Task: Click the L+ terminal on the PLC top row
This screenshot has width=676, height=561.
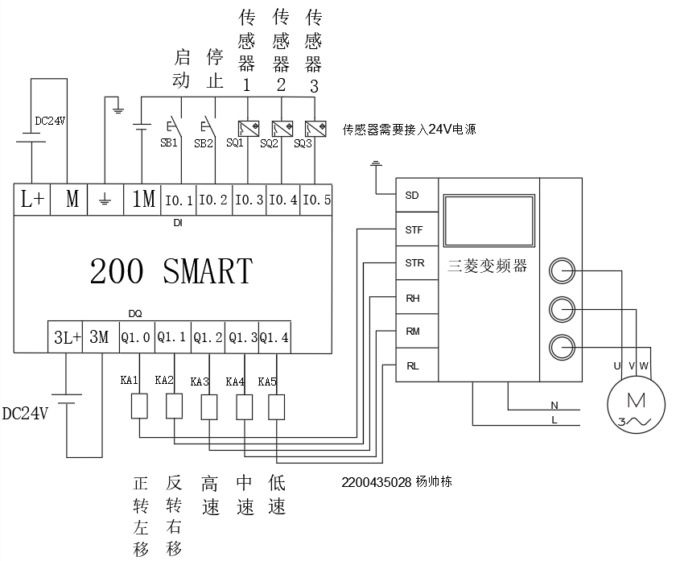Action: tap(32, 199)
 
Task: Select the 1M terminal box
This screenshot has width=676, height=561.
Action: tap(143, 199)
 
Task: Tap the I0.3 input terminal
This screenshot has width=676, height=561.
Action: tap(249, 200)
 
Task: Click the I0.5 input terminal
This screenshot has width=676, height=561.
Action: tap(316, 200)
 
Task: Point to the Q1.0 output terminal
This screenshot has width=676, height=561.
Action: tap(134, 337)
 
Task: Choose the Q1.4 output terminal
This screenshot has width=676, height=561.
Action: tap(274, 337)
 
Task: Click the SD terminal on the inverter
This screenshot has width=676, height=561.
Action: tap(412, 195)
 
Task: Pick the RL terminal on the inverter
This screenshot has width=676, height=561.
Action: tap(412, 365)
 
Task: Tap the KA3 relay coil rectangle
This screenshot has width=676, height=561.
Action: tap(208, 406)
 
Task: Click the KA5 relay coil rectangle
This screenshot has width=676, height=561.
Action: tap(276, 406)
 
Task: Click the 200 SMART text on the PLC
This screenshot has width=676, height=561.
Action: tap(171, 271)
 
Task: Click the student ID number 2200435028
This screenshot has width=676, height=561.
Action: tap(377, 482)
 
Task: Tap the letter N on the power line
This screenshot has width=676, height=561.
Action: tap(554, 404)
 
